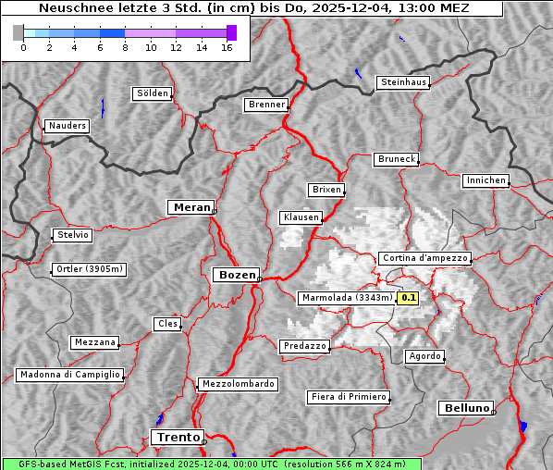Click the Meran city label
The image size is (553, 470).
click(x=190, y=207)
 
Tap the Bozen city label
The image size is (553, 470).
click(x=235, y=275)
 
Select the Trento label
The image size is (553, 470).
click(x=176, y=437)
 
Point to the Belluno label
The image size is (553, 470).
click(x=465, y=407)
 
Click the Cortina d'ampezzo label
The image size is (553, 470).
click(x=424, y=258)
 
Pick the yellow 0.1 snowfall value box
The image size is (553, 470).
click(x=409, y=298)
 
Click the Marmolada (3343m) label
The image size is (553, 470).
click(x=347, y=298)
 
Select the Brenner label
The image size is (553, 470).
click(x=266, y=105)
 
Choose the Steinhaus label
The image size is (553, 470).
click(x=403, y=82)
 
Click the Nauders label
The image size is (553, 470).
click(x=67, y=126)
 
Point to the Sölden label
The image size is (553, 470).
click(x=153, y=93)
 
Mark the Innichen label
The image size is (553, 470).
click(x=485, y=180)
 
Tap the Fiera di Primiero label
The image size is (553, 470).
click(x=348, y=397)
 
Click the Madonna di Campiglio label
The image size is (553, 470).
click(x=69, y=375)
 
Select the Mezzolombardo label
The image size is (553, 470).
click(x=237, y=383)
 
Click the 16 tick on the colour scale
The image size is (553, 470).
click(x=227, y=46)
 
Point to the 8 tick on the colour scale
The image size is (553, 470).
click(x=125, y=46)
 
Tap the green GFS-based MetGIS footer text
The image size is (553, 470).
click(x=211, y=464)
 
